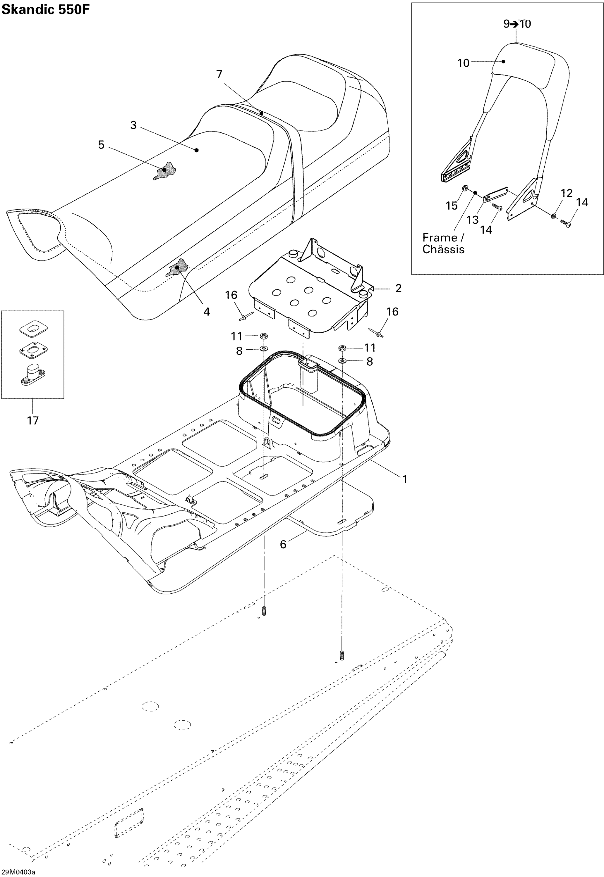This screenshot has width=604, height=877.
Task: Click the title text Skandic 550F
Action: (x=45, y=10)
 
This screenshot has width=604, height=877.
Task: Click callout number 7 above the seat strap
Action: (x=219, y=75)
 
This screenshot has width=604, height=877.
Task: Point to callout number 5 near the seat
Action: (x=101, y=145)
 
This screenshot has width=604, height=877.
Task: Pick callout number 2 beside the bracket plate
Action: (x=398, y=289)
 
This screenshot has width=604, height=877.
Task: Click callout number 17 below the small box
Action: (x=33, y=420)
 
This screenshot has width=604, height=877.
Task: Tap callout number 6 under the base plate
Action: (x=283, y=544)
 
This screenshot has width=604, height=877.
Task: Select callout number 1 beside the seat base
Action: (x=404, y=479)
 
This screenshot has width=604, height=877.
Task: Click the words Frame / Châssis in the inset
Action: (x=443, y=244)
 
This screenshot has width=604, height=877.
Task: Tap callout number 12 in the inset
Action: (x=566, y=193)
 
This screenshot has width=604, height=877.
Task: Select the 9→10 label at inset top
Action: (x=517, y=24)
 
